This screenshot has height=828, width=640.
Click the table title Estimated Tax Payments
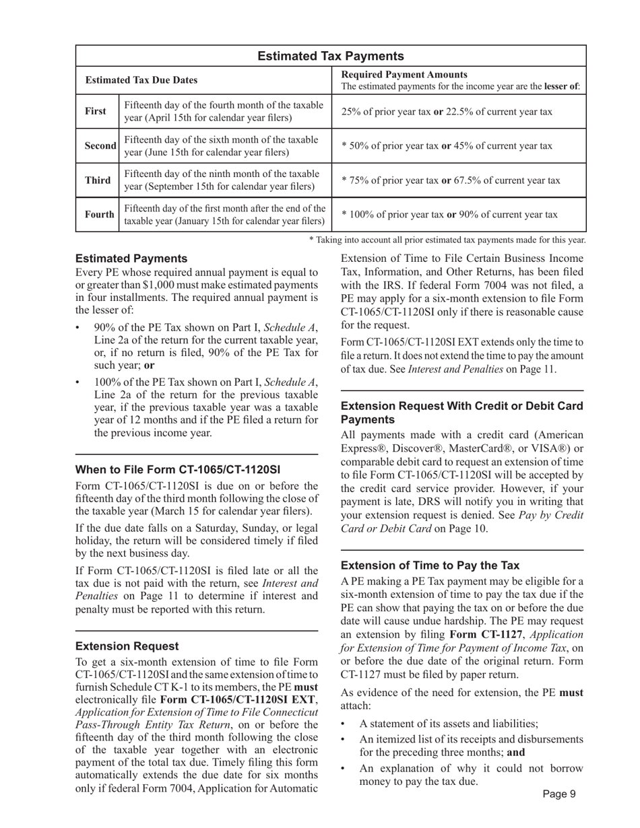pos(331,57)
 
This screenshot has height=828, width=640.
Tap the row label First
pos(96,112)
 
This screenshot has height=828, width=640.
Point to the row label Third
pos(98,180)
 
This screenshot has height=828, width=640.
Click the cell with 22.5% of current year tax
pos(447,112)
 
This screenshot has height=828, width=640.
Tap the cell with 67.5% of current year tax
pos(451,180)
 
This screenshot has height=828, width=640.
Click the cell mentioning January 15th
pos(225,215)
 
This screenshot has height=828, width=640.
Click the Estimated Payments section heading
pos(131,258)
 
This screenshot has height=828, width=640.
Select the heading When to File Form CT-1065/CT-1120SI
pos(178,469)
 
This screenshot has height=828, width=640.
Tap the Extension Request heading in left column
pos(127,646)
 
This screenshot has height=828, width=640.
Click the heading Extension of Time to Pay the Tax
pos(430,565)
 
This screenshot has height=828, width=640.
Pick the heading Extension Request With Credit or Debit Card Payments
pos(462,413)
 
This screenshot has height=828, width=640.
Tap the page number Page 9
pos(558,794)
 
